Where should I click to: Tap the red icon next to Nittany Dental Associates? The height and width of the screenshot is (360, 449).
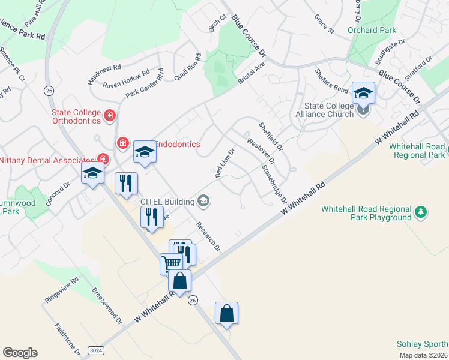(x=103, y=160)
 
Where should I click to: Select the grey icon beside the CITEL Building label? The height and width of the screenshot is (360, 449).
(x=204, y=202)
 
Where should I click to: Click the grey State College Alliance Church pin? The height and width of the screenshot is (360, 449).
(x=363, y=110)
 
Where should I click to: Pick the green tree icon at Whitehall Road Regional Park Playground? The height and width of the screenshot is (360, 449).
(x=421, y=212)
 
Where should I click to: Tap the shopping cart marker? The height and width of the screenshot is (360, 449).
(x=171, y=263)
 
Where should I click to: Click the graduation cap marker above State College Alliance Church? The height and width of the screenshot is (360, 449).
(x=363, y=93)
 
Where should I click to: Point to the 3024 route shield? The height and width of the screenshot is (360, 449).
(x=95, y=350)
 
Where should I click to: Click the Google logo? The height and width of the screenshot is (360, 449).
(x=20, y=353)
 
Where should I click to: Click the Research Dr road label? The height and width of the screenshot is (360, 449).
(x=208, y=236)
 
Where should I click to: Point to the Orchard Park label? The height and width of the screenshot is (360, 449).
(x=372, y=30)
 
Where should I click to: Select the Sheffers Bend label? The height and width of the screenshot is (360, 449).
(x=331, y=80)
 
